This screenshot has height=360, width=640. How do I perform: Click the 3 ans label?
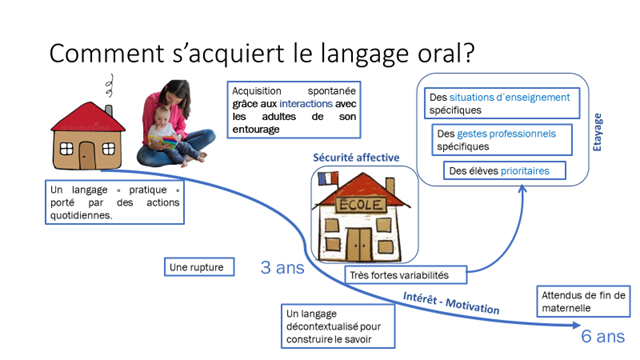tap(283, 268)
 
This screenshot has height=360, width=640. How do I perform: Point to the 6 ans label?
tap(603, 335)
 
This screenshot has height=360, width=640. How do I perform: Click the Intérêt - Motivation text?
tap(450, 302)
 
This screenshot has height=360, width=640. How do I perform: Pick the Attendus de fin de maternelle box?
tap(583, 301)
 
